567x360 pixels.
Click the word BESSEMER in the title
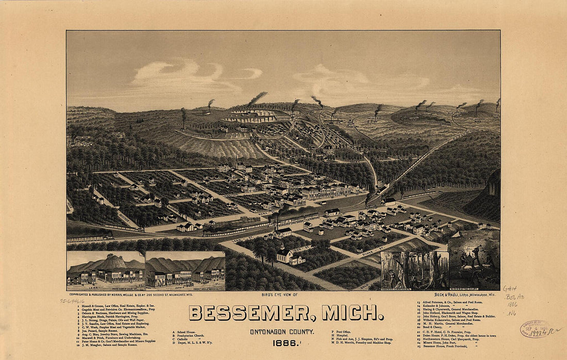[x=253, y=313]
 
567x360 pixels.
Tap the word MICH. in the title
[x=353, y=313]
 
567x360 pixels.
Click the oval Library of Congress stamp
[x=534, y=328]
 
